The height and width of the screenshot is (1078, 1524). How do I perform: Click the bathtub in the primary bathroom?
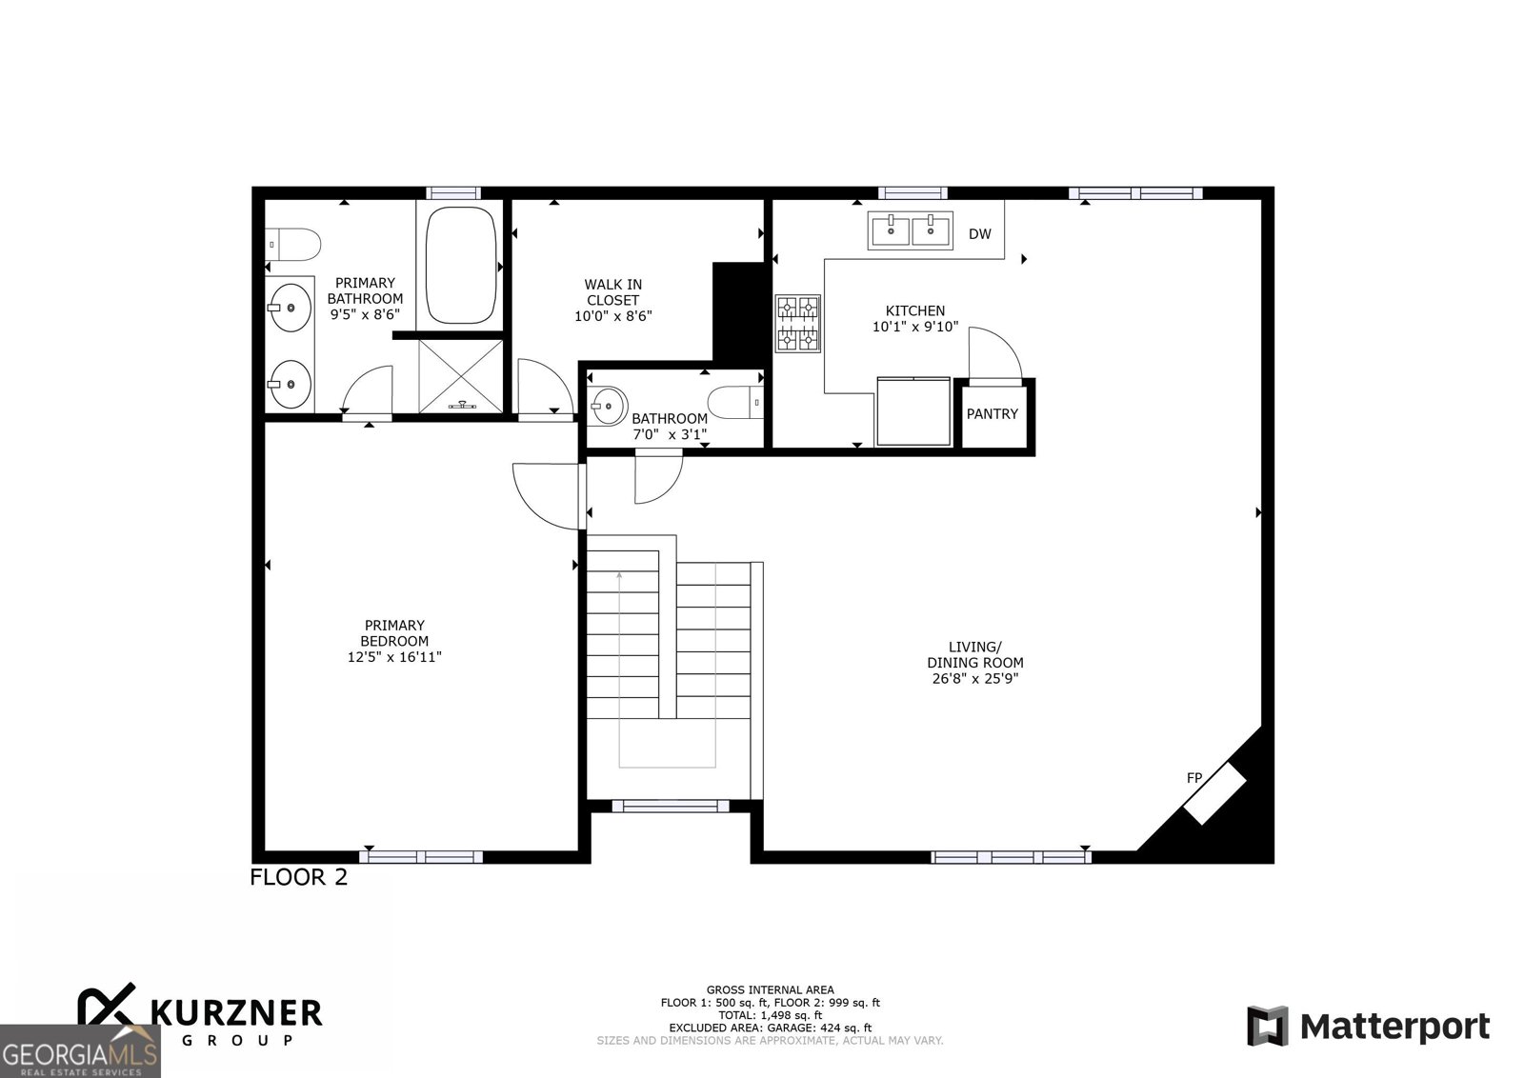tap(460, 266)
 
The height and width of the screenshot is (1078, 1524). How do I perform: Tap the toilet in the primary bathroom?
tap(291, 245)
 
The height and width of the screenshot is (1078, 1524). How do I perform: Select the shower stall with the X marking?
tap(461, 376)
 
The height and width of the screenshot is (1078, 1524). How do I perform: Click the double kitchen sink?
tap(910, 230)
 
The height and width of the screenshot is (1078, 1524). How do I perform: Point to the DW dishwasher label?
tap(979, 234)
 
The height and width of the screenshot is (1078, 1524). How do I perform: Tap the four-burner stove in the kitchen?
tap(797, 323)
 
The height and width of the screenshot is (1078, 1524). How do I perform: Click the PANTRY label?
tap(992, 414)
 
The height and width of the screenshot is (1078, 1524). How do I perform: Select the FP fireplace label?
tap(1193, 778)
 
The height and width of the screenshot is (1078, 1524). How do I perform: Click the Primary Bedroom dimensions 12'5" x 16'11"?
tap(394, 657)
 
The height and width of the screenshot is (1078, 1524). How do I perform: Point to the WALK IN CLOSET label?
tap(612, 292)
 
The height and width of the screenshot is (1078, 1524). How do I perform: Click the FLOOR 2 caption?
tap(298, 877)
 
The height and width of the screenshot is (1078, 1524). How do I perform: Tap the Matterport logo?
tap(1369, 1027)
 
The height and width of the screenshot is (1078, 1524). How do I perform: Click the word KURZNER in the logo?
tap(235, 1012)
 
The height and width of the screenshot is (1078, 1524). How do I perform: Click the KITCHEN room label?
tap(914, 310)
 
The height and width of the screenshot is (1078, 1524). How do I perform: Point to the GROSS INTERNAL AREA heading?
tap(770, 990)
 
